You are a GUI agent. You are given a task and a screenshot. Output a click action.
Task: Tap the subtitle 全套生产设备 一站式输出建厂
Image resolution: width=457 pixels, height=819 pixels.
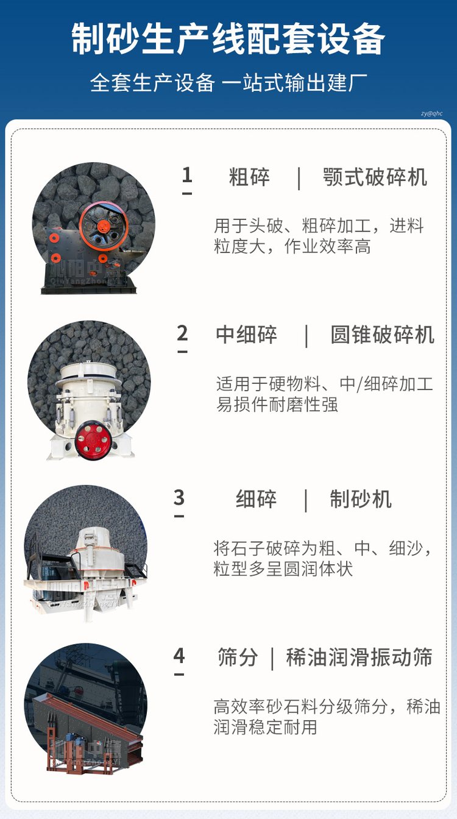(x=228, y=82)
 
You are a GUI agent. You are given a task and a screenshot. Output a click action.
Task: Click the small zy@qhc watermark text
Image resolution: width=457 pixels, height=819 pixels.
(x=431, y=113)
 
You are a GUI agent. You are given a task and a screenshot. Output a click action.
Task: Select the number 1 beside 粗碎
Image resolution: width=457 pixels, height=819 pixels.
(x=187, y=175)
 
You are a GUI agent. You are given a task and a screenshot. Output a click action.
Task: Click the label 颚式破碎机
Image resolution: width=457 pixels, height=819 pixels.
(x=375, y=177)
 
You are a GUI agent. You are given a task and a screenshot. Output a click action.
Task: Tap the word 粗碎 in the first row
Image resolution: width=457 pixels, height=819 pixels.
(x=249, y=177)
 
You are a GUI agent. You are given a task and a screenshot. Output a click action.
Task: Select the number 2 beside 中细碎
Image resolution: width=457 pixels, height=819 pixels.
(x=182, y=333)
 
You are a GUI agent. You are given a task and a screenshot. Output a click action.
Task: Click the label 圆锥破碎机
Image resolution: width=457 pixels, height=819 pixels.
(x=382, y=335)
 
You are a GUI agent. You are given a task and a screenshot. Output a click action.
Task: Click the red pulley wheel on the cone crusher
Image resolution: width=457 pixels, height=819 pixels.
(x=93, y=441)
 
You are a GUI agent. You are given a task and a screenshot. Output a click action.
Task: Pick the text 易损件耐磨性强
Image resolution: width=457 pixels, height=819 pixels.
(x=277, y=404)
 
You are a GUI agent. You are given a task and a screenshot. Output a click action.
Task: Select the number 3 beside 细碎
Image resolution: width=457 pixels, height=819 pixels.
(x=179, y=497)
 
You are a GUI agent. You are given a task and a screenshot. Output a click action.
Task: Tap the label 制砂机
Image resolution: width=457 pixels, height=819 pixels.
(x=361, y=499)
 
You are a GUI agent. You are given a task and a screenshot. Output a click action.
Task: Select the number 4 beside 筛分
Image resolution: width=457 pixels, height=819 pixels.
(x=179, y=656)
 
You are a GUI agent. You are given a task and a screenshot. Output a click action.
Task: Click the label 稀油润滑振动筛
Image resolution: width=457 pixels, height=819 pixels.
(x=359, y=658)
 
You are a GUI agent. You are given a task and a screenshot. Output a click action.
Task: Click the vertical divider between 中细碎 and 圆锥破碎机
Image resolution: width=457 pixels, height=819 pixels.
(x=306, y=335)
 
